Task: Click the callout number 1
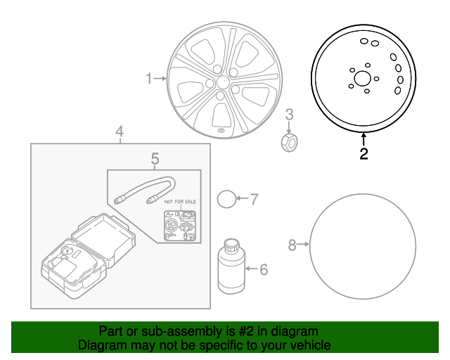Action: tap(148, 79)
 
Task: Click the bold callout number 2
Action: tap(364, 154)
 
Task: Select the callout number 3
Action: tap(290, 115)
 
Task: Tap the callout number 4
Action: tap(120, 131)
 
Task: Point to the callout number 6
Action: tap(264, 269)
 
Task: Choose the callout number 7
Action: tap(254, 199)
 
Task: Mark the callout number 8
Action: tap(292, 245)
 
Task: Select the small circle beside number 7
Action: tap(226, 199)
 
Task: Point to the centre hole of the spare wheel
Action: tap(363, 78)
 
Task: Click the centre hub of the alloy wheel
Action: tap(223, 83)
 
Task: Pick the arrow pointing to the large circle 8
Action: tap(304, 245)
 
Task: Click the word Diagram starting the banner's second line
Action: tap(99, 345)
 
